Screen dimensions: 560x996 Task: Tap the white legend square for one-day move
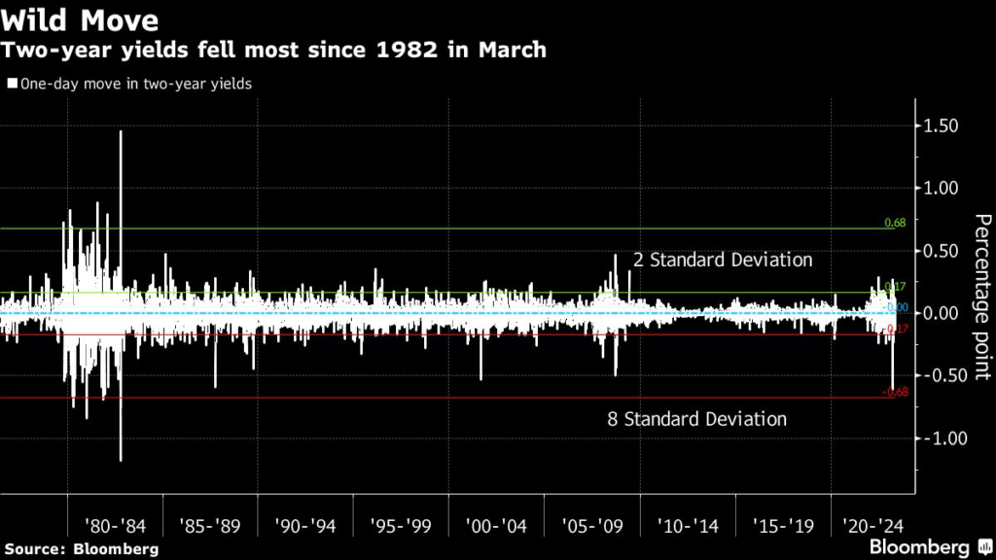[x=11, y=84]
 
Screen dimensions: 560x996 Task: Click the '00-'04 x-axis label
[x=496, y=527]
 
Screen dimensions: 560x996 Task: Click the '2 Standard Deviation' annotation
[x=723, y=261]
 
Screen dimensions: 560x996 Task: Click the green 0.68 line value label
[x=895, y=224]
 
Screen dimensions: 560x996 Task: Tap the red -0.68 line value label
[x=894, y=393]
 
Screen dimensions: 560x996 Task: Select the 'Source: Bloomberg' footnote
[x=80, y=549]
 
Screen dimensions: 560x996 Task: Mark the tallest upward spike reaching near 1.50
[x=121, y=133]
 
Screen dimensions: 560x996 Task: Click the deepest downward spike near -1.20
[x=121, y=457]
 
